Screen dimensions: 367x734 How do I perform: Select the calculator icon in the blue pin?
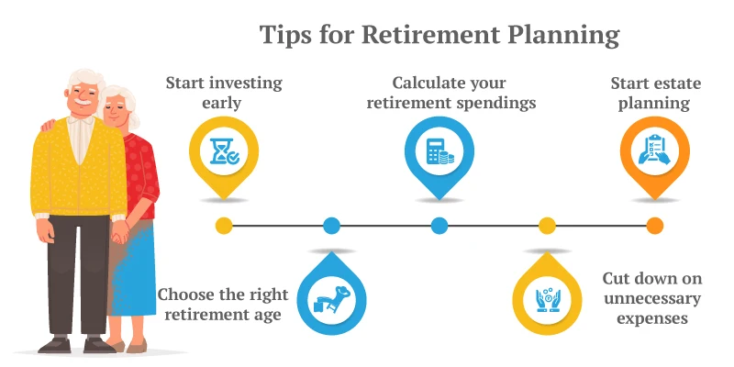(439, 151)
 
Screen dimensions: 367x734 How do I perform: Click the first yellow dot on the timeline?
(224, 225)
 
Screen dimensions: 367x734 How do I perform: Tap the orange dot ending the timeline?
(654, 225)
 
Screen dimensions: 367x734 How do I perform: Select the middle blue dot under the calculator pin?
(439, 225)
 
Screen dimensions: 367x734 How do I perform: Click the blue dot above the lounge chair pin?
(331, 225)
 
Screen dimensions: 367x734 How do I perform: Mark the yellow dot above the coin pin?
(547, 225)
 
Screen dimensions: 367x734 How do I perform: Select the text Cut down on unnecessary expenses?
(651, 298)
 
